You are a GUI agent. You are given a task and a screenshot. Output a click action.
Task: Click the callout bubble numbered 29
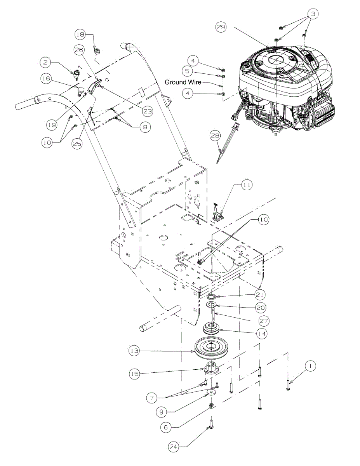click(x=221, y=28)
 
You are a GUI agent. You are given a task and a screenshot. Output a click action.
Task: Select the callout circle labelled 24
click(x=173, y=447)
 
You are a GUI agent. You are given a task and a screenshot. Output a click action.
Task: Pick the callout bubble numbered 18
click(x=80, y=35)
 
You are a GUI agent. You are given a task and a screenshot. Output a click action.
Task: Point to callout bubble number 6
click(x=166, y=426)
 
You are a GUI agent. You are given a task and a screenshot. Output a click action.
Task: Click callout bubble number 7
click(x=152, y=398)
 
